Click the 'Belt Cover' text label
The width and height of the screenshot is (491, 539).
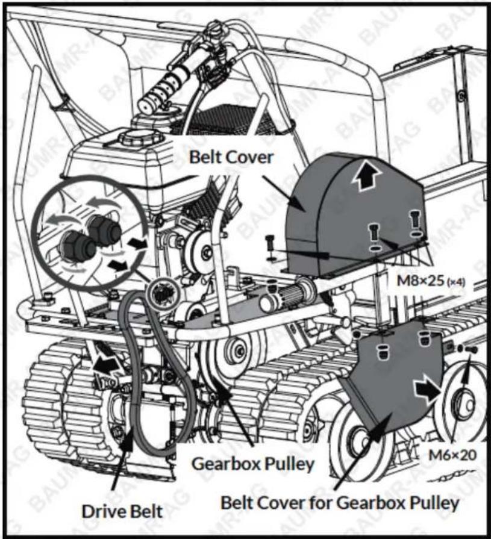coord(231,157)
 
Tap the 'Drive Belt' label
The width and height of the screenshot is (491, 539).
coord(122,511)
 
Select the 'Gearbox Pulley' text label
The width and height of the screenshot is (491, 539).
coord(253,464)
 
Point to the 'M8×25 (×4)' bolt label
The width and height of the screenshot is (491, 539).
coord(431,281)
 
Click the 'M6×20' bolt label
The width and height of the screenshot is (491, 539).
coord(453,455)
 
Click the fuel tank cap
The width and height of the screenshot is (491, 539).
coord(141,138)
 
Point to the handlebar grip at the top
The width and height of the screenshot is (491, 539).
coord(158,90)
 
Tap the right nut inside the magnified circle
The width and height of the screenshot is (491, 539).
coord(105,229)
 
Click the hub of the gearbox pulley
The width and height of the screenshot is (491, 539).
coord(239,351)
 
